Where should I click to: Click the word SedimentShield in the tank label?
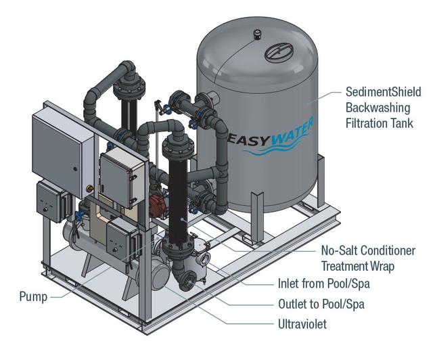click(383, 92)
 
